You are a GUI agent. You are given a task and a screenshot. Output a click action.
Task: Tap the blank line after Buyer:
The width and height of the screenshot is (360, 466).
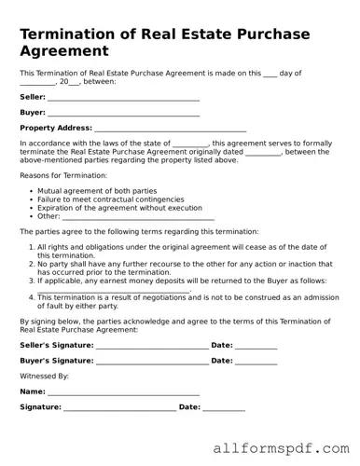click(x=123, y=114)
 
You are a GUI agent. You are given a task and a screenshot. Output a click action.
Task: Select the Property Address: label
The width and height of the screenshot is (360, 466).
click(x=55, y=128)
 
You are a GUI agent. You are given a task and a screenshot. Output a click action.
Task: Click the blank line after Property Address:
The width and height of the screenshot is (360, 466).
click(x=170, y=129)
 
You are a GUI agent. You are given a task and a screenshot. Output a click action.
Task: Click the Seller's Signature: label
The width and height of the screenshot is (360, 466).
click(x=56, y=346)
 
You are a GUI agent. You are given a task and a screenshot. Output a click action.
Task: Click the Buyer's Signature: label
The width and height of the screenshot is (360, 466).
click(x=56, y=361)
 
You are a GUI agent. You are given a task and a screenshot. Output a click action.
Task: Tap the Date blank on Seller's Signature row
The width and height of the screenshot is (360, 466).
click(x=256, y=347)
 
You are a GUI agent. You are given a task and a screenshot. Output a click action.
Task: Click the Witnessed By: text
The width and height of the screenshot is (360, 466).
click(x=44, y=376)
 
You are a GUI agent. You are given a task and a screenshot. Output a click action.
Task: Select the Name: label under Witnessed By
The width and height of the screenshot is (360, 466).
click(x=32, y=391)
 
